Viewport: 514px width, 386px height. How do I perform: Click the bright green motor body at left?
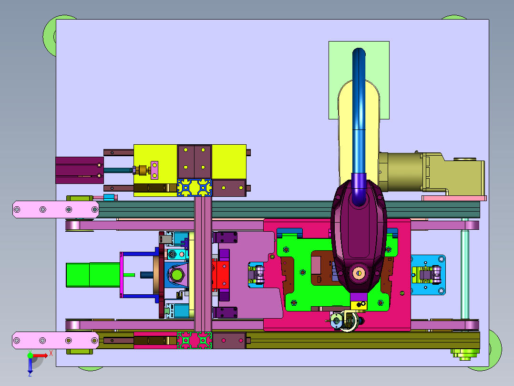pos(93,275)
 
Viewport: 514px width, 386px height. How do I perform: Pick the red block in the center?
pos(220,275)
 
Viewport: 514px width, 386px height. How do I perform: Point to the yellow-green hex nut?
pos(177,275)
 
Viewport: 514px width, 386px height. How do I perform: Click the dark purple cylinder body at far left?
pos(80,170)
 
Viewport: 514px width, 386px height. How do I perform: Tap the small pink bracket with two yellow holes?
pos(154,170)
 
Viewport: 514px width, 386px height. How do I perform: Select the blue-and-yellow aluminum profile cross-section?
pos(195,188)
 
